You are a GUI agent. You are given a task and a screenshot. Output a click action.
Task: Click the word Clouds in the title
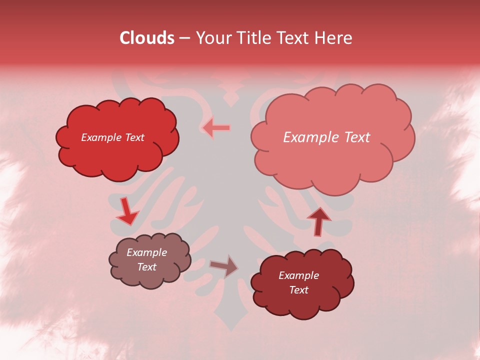pyautogui.click(x=147, y=38)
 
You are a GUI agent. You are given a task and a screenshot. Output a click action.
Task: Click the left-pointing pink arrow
pyautogui.click(x=216, y=128)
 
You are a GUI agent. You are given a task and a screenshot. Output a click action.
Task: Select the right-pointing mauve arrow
pyautogui.click(x=224, y=266)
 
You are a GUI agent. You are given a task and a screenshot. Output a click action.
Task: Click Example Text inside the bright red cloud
pyautogui.click(x=112, y=137)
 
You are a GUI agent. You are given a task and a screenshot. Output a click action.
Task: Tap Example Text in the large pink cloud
pyautogui.click(x=326, y=137)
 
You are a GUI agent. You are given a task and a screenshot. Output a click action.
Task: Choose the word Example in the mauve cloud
pyautogui.click(x=146, y=252)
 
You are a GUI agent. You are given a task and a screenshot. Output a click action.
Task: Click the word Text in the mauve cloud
pyautogui.click(x=146, y=267)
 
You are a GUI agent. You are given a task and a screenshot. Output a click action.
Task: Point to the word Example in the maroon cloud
pyautogui.click(x=298, y=275)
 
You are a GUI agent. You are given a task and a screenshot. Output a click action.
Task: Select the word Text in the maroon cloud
pyautogui.click(x=298, y=290)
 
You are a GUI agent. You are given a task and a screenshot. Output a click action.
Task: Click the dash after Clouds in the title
pyautogui.click(x=184, y=38)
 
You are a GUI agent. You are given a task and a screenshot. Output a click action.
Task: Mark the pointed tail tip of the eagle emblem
pyautogui.click(x=230, y=329)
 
